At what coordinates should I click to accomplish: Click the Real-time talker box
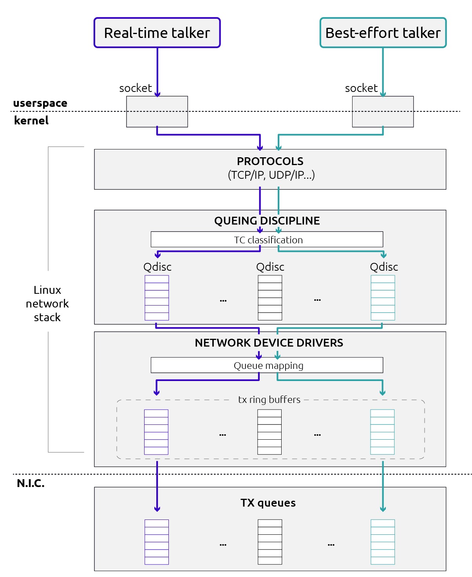point(157,33)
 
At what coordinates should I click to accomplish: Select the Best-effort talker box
point(383,33)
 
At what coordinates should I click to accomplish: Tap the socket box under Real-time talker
point(157,111)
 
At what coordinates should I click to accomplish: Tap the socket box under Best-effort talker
point(383,111)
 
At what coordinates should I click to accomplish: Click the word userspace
point(40,103)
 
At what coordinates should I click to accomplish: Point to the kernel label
point(31,120)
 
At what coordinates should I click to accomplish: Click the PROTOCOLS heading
point(270,161)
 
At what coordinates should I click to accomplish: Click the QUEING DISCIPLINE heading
point(267,221)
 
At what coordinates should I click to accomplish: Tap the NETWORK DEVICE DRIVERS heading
point(269,343)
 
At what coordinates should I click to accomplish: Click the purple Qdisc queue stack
point(157,298)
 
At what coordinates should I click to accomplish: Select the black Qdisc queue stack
point(270,298)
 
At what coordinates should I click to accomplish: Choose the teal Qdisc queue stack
point(383,298)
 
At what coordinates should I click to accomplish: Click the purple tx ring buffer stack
point(156,432)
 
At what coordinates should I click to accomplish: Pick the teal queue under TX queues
point(383,542)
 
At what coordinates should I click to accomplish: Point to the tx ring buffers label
point(269,399)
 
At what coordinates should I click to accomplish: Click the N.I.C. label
point(31,484)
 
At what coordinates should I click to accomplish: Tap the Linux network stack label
point(47,304)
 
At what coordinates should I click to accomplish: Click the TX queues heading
point(268,503)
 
